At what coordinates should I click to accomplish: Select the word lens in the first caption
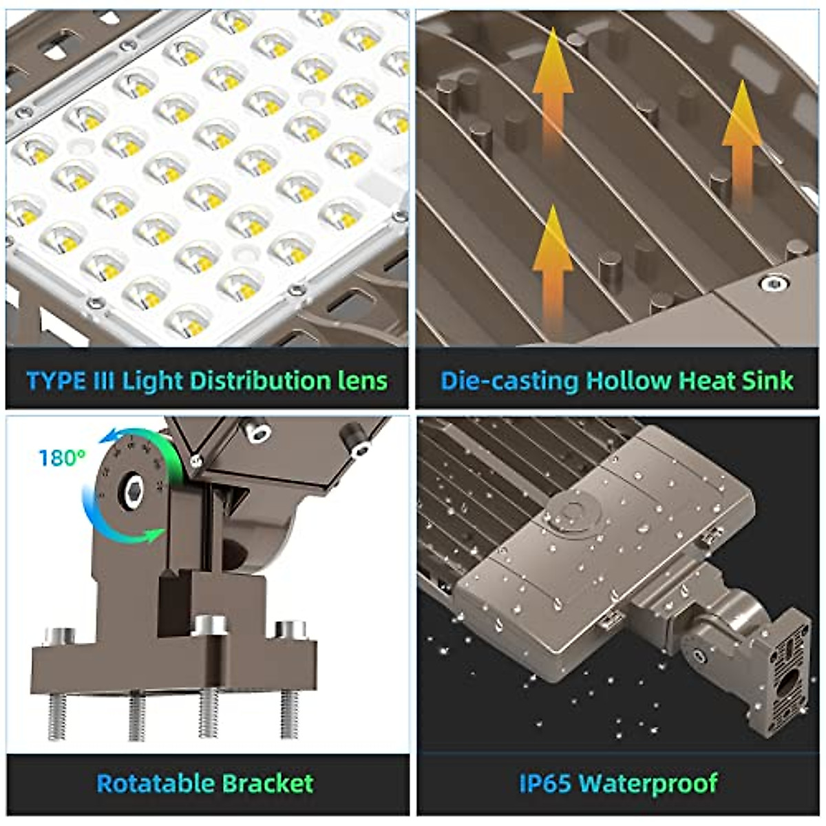pyautogui.click(x=362, y=381)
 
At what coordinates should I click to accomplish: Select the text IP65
pyautogui.click(x=544, y=783)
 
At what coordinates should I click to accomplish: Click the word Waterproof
pyautogui.click(x=648, y=783)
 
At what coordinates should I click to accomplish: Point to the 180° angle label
pyautogui.click(x=62, y=458)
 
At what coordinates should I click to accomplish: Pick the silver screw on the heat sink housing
pyautogui.click(x=773, y=283)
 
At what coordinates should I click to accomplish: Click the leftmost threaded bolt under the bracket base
pyautogui.click(x=57, y=716)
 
